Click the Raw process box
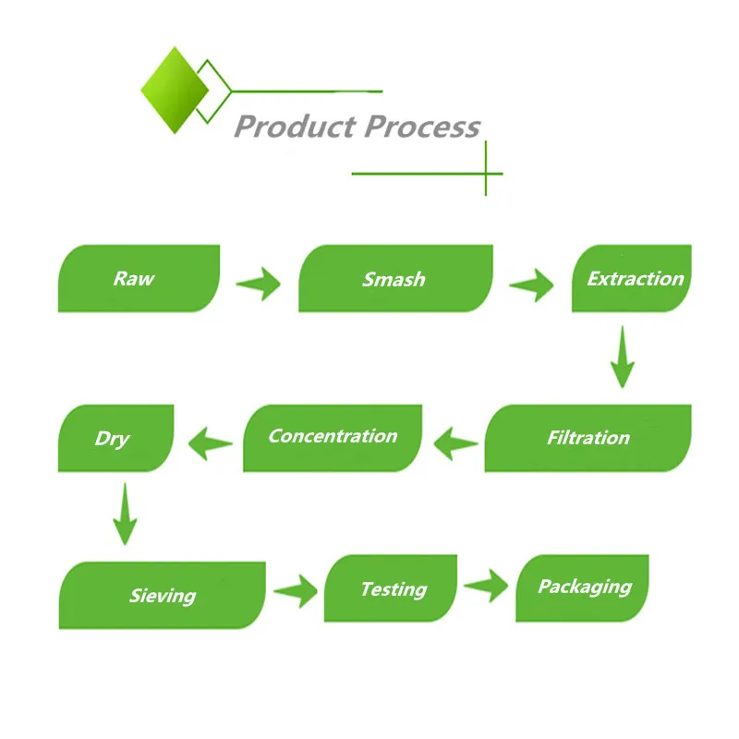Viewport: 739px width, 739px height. [139, 278]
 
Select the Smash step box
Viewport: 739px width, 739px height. [396, 278]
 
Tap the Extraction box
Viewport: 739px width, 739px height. [632, 278]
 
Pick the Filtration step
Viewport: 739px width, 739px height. [588, 438]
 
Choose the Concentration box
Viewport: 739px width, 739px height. [333, 438]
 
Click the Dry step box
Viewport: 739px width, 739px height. [116, 438]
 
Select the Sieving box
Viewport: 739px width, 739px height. [163, 595]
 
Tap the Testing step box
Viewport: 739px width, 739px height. [391, 588]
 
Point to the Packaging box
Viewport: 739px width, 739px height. [583, 588]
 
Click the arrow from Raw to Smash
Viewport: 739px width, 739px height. [259, 284]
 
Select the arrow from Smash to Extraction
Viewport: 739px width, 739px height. [531, 285]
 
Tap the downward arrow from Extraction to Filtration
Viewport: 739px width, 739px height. [622, 357]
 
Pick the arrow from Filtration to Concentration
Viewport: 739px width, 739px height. [455, 443]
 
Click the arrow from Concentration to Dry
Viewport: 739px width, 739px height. [211, 443]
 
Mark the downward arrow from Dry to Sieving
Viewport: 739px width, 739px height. [125, 514]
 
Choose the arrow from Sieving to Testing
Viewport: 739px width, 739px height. [296, 591]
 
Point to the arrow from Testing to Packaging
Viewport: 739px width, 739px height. [486, 586]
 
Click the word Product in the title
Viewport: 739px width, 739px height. [295, 127]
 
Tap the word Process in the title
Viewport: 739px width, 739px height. [422, 127]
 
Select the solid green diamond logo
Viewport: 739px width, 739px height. [175, 90]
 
